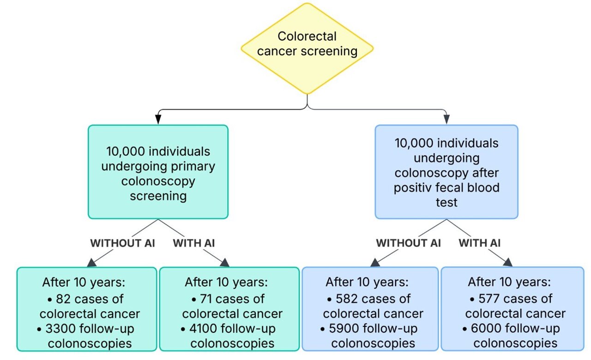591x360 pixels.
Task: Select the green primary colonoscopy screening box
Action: point(158,172)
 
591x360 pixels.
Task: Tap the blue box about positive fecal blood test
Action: point(446,172)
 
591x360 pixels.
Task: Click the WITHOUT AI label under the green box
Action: point(123,243)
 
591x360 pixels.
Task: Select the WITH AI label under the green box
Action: point(194,243)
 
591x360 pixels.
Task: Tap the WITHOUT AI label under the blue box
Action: point(409,243)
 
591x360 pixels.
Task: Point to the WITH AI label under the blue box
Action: point(480,243)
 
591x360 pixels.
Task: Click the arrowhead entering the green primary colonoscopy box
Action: point(158,120)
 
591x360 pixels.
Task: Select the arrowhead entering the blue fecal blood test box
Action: point(446,120)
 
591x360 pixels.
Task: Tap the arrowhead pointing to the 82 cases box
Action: point(92,262)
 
